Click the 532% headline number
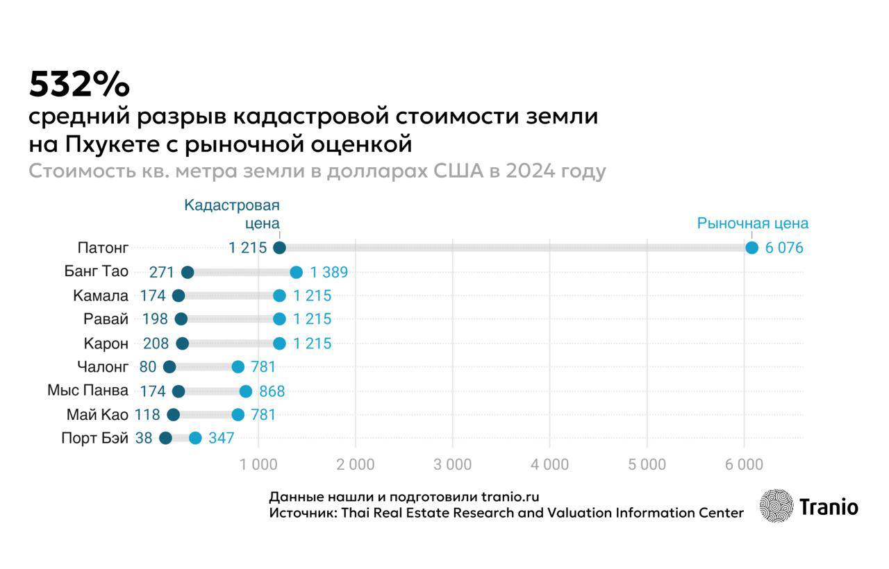[x=79, y=85]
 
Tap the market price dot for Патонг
[x=751, y=248]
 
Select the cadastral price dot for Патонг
[x=279, y=248]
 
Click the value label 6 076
[x=784, y=248]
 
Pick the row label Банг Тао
[x=96, y=271]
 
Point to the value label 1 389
[x=329, y=272]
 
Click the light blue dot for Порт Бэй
[x=195, y=438]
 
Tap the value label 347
[x=221, y=438]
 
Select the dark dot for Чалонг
[x=169, y=366]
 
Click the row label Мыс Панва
[x=88, y=390]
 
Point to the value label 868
[x=272, y=391]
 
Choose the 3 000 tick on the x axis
[x=452, y=464]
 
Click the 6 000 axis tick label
[x=744, y=464]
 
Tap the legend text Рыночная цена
[x=753, y=223]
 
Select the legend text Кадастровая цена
[x=232, y=214]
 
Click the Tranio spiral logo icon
[x=776, y=506]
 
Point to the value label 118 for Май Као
[x=147, y=414]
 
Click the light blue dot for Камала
[x=279, y=296]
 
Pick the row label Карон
[x=106, y=343]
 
